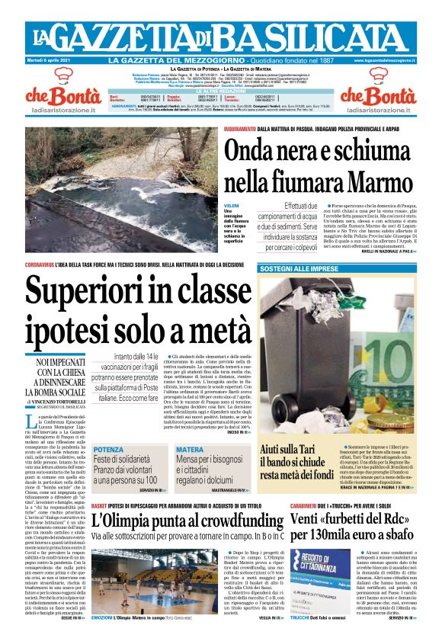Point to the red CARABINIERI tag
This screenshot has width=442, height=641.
(309, 505)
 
